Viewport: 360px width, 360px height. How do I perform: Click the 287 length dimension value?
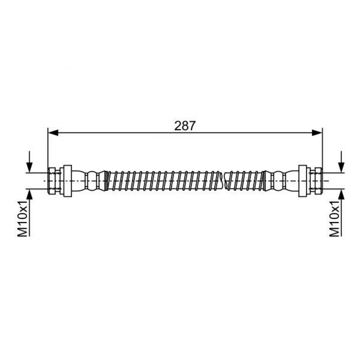pos(185,126)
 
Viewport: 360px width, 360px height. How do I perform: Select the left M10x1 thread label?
pos(23,219)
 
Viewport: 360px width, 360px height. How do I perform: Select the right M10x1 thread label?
pos(334,219)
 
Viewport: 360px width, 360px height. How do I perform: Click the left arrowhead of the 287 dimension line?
pos(53,132)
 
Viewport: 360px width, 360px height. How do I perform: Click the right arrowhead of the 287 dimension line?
pos(317,132)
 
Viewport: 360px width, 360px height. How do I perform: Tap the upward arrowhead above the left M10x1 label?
pos(29,195)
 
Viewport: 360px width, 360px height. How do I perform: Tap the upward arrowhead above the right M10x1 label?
pos(342,195)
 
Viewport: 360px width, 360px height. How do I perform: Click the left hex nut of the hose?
pos(54,181)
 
